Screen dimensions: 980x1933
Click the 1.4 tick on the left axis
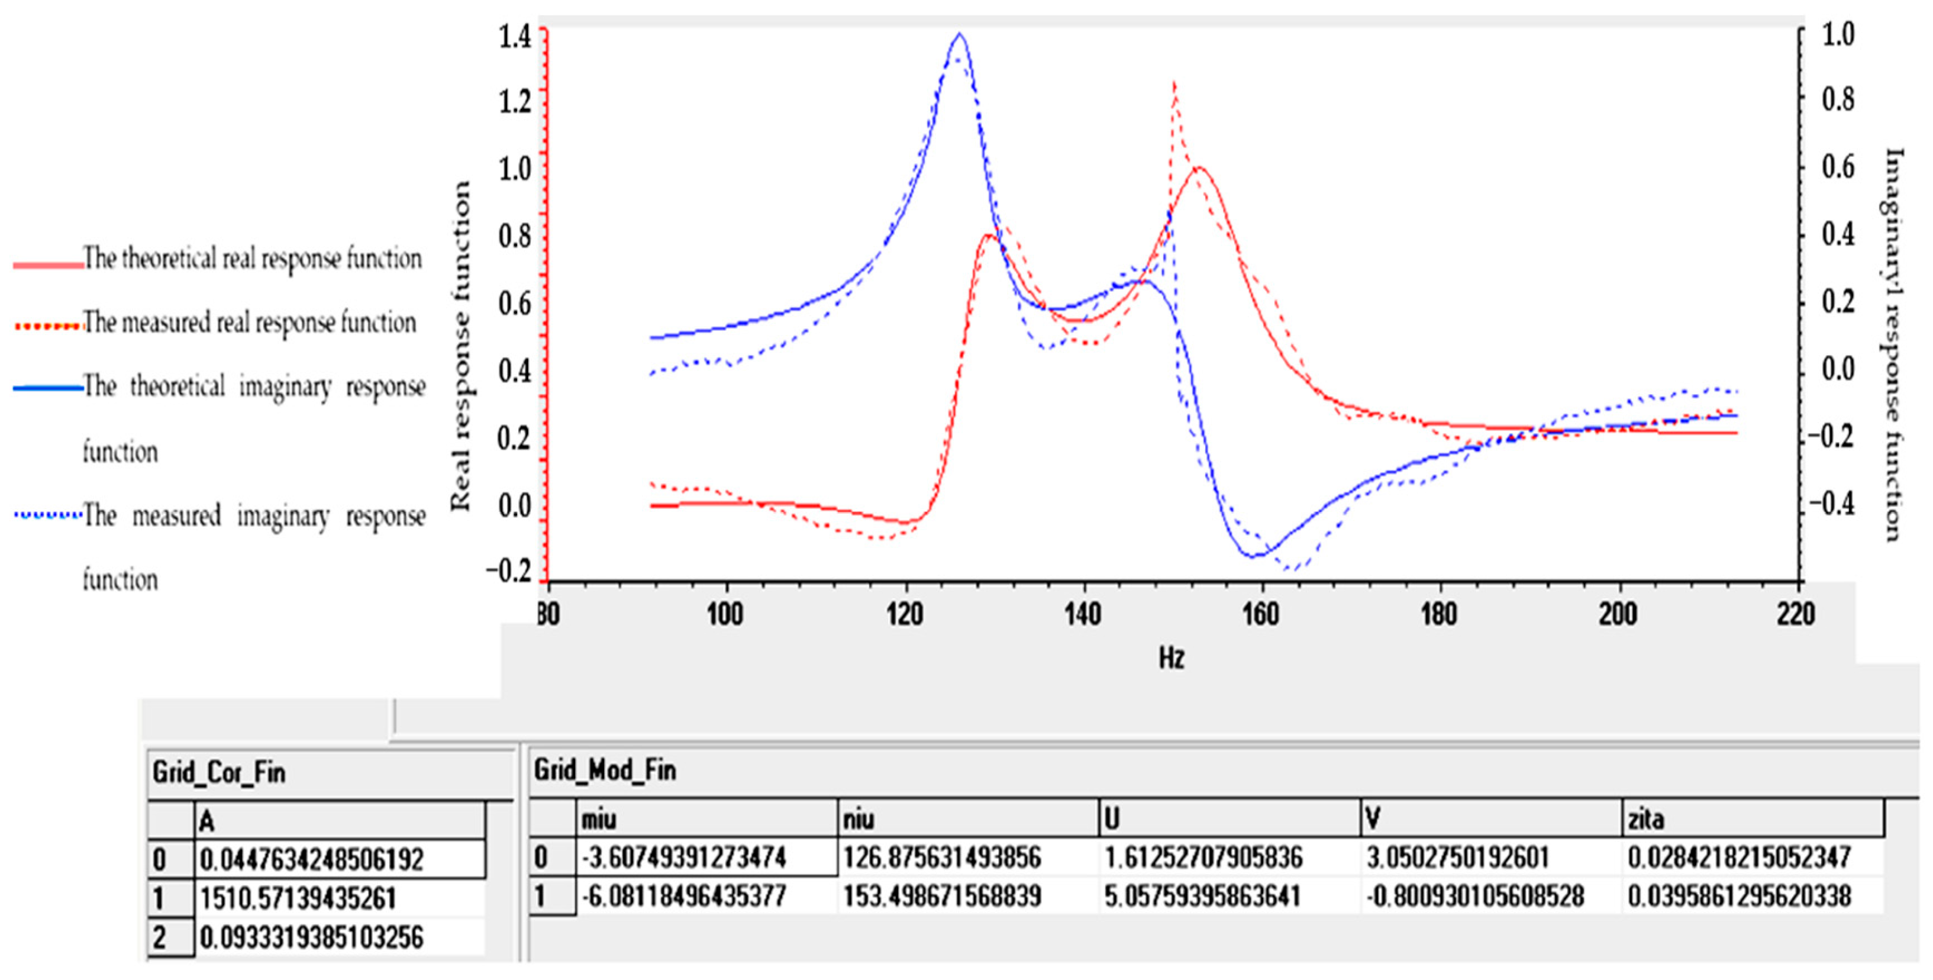click(515, 36)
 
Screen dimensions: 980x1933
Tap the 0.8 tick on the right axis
click(1838, 100)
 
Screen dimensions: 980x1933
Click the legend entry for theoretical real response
click(252, 259)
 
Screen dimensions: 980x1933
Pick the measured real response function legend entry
click(249, 323)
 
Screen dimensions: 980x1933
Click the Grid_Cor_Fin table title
click(218, 772)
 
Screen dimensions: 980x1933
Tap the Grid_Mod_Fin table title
click(604, 770)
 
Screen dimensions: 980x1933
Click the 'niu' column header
click(859, 818)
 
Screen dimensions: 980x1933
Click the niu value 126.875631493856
click(942, 857)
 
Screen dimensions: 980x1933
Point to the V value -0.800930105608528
click(1474, 896)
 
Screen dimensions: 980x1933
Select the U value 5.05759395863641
click(1202, 896)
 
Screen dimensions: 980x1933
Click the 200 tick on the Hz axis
click(1617, 614)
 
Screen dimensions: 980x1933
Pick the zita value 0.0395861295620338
click(1739, 896)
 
